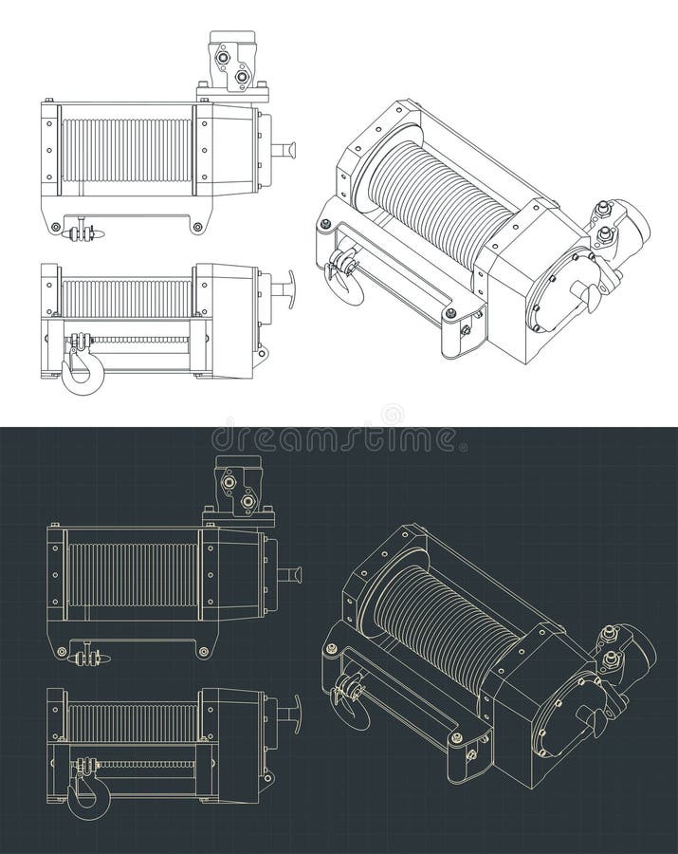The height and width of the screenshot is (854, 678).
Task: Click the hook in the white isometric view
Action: pyautogui.click(x=343, y=278)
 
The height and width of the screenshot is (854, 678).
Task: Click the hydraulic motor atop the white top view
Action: pyautogui.click(x=233, y=65)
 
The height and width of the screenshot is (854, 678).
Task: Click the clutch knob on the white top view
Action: pyautogui.click(x=284, y=149)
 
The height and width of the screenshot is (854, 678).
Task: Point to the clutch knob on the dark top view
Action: pyautogui.click(x=290, y=574)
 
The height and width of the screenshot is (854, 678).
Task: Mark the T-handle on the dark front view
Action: pyautogui.click(x=289, y=708)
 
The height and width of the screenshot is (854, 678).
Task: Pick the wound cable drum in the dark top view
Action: pyautogui.click(x=133, y=575)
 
